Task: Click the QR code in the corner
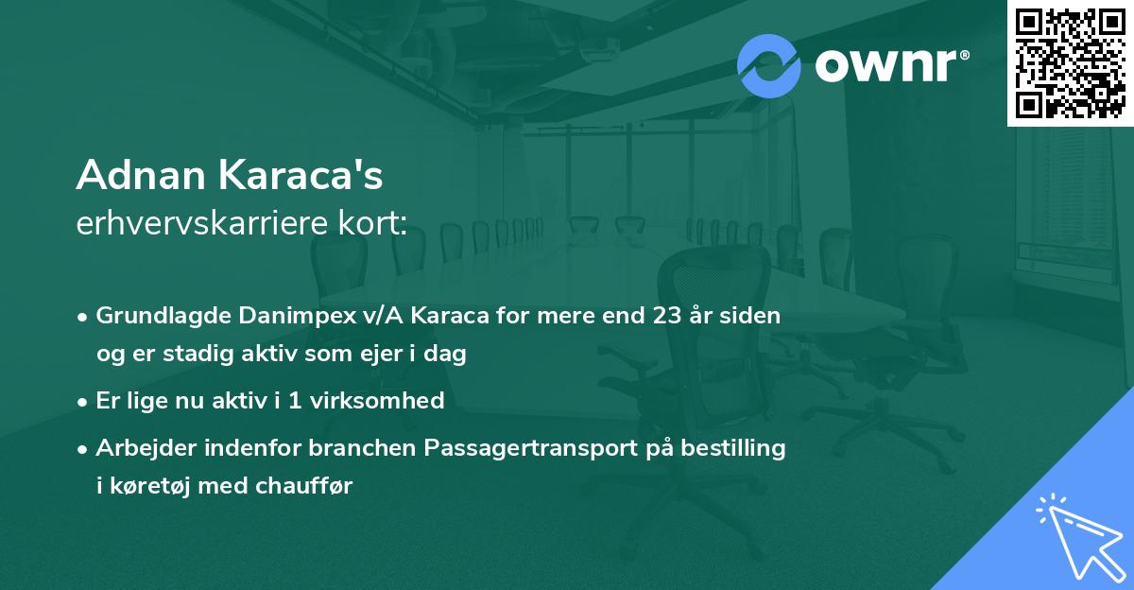click(x=1069, y=62)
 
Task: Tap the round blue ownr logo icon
click(x=769, y=65)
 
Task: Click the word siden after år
click(x=752, y=316)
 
